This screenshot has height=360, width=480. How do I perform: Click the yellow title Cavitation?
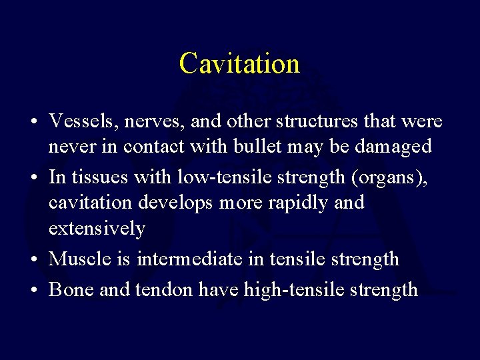pyautogui.click(x=239, y=64)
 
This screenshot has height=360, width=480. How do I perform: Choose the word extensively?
pyautogui.click(x=96, y=229)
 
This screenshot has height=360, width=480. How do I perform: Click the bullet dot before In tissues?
pyautogui.click(x=32, y=177)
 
